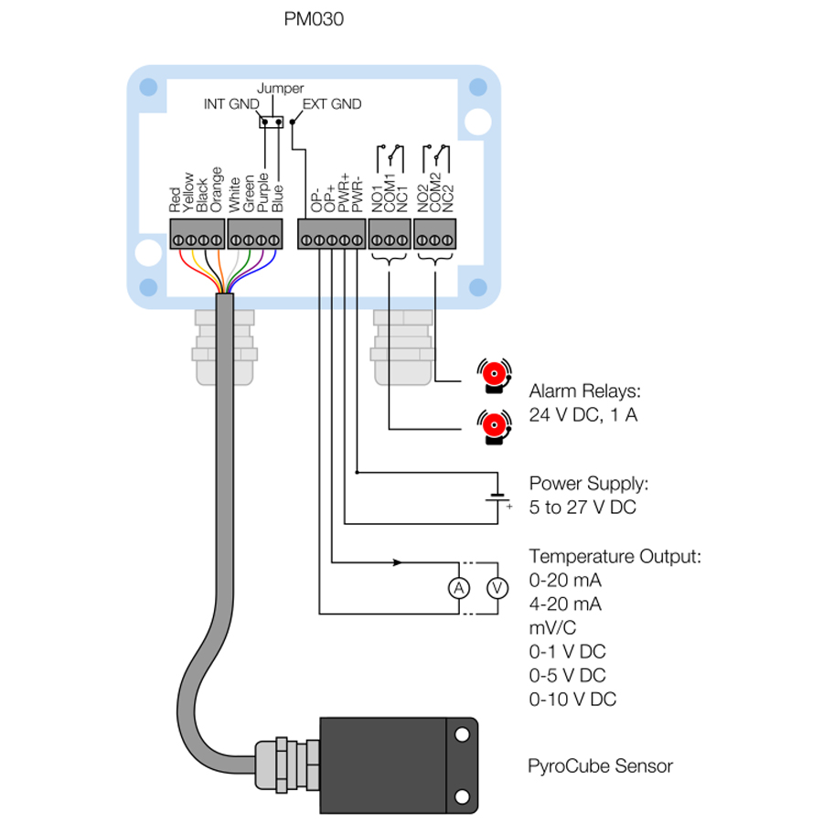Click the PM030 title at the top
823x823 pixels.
315,19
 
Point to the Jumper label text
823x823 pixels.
280,89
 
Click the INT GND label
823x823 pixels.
231,104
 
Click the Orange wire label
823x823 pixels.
217,189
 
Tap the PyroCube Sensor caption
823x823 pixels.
600,766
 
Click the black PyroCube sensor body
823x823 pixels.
384,764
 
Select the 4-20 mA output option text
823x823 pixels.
565,604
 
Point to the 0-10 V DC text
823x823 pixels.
572,700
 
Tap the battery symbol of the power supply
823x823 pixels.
497,498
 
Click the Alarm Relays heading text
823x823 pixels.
585,391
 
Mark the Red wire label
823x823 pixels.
176,199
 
